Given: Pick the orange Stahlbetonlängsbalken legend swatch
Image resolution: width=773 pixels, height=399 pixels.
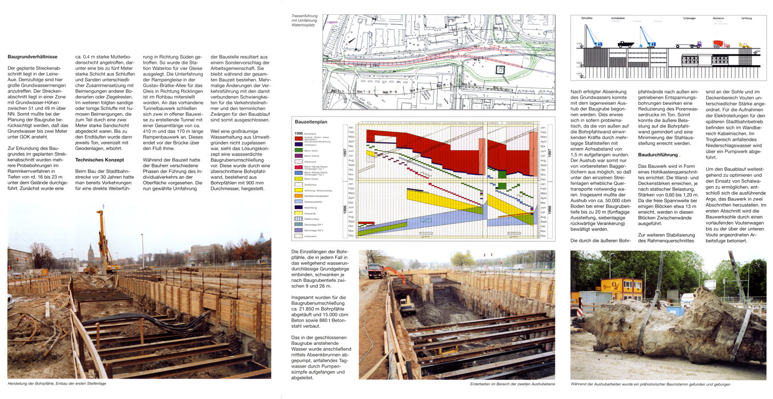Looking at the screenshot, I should click(299, 195).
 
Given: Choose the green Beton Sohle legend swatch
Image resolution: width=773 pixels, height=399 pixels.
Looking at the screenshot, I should click(299, 150).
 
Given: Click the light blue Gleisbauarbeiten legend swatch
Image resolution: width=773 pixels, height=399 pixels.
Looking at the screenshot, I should click(299, 203).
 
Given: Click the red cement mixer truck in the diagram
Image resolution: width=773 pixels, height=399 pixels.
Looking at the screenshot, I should click(721, 44).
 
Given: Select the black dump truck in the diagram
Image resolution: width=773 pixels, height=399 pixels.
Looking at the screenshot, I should click(625, 44).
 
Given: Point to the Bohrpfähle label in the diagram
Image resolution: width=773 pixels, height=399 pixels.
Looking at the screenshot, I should click(586, 19).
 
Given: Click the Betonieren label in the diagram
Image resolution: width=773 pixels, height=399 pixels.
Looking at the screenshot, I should click(718, 18).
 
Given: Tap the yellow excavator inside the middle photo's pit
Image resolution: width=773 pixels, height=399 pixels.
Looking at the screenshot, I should click(407, 305).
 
